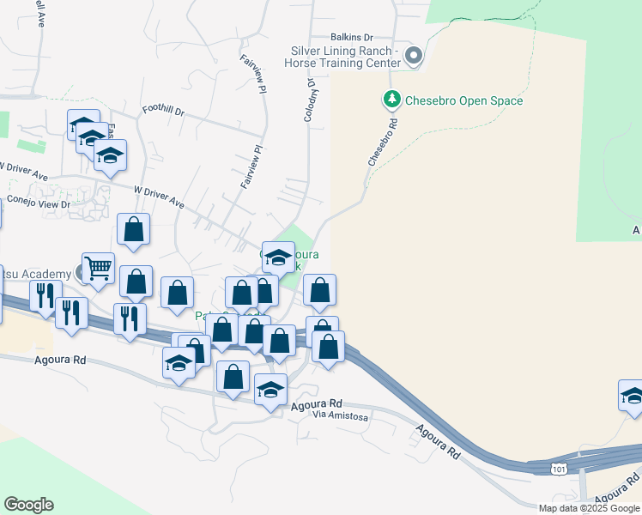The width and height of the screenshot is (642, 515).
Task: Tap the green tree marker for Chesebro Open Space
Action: click(392, 100)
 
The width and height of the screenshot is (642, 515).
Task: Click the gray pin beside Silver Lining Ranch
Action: click(414, 57)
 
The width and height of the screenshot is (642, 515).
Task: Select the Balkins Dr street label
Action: click(353, 38)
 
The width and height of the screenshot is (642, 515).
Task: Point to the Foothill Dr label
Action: click(164, 110)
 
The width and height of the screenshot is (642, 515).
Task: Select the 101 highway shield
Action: click(560, 469)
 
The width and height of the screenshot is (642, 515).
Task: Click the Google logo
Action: click(28, 505)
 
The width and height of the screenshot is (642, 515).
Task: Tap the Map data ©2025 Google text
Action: click(589, 508)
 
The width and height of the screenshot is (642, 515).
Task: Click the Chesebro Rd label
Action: click(384, 142)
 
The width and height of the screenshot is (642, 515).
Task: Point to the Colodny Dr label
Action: click(309, 101)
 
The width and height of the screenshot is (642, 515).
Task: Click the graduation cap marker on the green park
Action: click(278, 257)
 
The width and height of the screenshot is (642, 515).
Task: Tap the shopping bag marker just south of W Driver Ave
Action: click(134, 229)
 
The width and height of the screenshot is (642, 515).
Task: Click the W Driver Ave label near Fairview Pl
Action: click(159, 197)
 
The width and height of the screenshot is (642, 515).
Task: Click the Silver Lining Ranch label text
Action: click(345, 57)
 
